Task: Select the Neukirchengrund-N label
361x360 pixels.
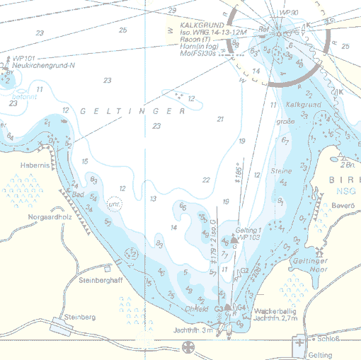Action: coord(43,66)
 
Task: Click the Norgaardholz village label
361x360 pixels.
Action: coord(51,216)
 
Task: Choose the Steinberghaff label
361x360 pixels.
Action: coord(101,280)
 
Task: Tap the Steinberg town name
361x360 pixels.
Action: coord(79,318)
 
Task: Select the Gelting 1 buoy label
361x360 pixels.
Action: coord(248,231)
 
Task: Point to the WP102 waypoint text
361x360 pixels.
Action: coord(247,238)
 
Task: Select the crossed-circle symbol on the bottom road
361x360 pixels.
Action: coord(188,347)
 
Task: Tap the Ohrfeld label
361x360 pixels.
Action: coord(195,308)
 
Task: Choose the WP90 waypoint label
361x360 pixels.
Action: coord(288,13)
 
